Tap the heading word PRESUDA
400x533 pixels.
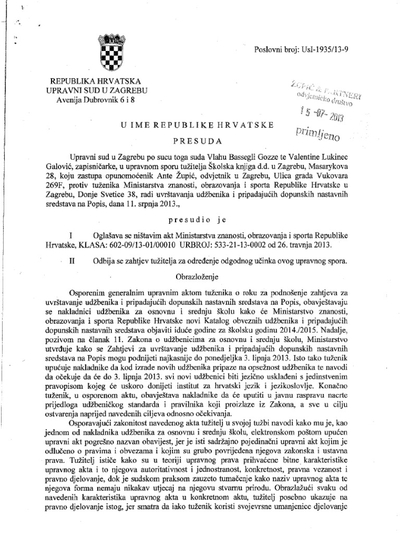(197, 141)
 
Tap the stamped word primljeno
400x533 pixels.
(318, 135)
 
